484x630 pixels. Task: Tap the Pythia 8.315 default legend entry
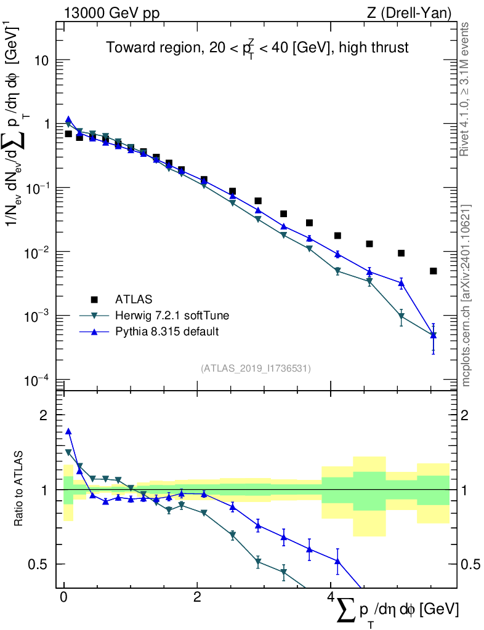(x=167, y=332)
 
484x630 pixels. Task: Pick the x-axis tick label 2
(x=197, y=597)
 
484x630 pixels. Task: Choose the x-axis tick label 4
(x=331, y=597)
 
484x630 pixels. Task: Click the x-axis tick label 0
(x=64, y=597)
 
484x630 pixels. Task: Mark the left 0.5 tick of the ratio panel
(x=39, y=564)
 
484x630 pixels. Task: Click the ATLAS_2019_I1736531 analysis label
(x=256, y=368)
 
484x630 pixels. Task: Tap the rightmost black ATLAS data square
(x=434, y=271)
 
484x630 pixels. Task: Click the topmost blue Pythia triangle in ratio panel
(x=68, y=432)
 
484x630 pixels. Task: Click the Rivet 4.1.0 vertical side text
(x=466, y=89)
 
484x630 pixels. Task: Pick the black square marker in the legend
(x=94, y=300)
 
